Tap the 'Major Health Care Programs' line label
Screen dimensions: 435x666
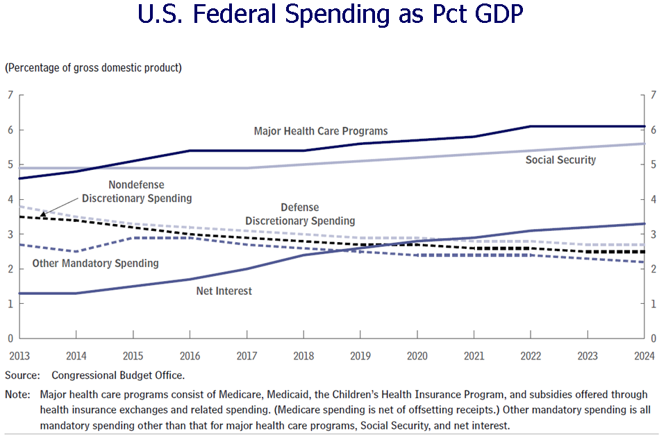321,131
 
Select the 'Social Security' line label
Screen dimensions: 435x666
560,160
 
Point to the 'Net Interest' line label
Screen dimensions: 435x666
224,291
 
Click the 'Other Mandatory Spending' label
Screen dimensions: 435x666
95,264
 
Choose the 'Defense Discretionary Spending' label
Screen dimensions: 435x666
300,214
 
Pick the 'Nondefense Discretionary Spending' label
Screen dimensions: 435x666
136,192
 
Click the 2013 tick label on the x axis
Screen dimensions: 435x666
19,356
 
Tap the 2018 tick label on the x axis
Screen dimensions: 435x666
303,356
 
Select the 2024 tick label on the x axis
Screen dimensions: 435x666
644,356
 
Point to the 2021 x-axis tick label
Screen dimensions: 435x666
474,356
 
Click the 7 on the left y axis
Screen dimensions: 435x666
10,95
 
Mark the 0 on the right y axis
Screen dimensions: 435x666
653,339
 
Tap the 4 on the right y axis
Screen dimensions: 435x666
653,200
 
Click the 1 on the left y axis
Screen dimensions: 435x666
10,304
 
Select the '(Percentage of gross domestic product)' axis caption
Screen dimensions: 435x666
93,68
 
